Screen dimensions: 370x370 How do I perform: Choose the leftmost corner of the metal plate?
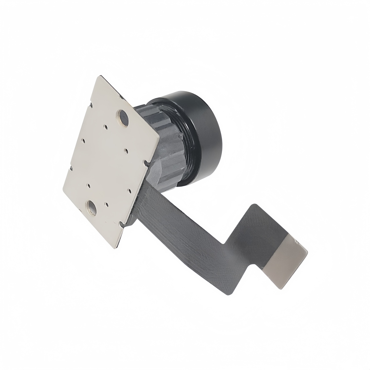63,190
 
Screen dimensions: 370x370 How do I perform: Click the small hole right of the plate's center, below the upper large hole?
126,150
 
